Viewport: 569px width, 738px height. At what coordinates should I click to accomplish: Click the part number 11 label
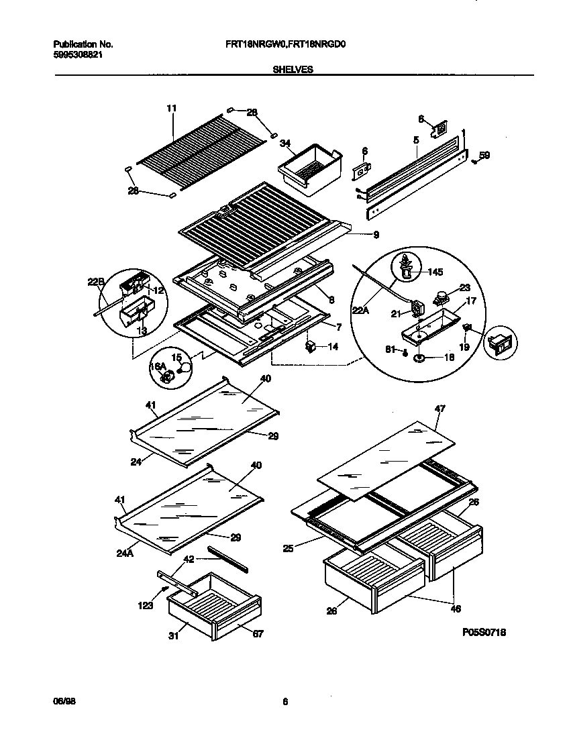coord(171,107)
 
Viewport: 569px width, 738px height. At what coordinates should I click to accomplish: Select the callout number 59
coord(484,155)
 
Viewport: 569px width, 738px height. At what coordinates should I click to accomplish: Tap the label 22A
coord(360,310)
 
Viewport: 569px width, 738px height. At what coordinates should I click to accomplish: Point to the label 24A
coord(125,554)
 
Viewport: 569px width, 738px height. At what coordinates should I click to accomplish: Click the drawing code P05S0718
coord(484,632)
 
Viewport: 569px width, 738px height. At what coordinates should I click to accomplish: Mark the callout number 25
coord(289,549)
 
